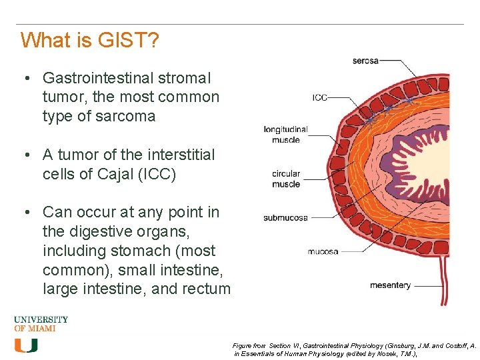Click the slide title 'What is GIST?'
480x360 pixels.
(89, 41)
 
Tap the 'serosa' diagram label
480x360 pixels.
(365, 61)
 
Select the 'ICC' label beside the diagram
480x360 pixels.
(319, 98)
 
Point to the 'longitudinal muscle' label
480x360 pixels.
(285, 134)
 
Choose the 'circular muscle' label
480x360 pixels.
(286, 179)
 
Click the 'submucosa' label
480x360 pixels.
(285, 217)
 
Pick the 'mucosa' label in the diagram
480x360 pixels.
(323, 251)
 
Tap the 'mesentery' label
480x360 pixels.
(390, 285)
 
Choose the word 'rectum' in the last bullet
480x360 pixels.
(208, 289)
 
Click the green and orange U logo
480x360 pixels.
(26, 345)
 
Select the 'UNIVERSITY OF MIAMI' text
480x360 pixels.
(41, 324)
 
